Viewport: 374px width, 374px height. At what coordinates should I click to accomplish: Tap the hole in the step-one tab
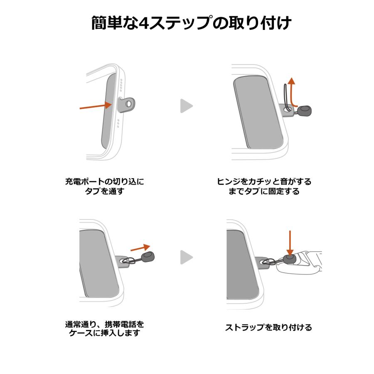(129, 103)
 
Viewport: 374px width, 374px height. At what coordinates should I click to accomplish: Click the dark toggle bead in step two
(305, 111)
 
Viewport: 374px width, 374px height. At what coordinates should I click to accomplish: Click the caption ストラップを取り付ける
(268, 327)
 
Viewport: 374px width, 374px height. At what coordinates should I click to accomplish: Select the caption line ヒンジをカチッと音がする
(264, 182)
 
